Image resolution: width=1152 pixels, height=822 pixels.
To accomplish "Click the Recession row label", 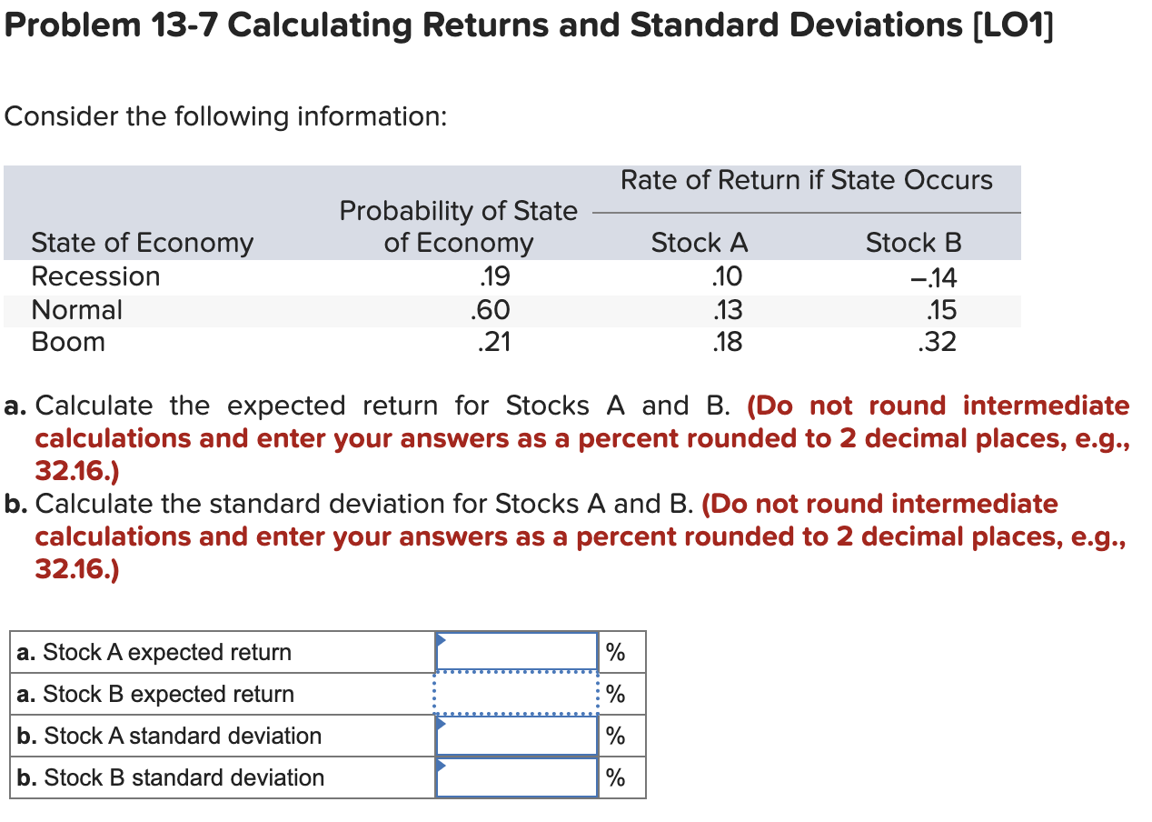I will click(95, 276).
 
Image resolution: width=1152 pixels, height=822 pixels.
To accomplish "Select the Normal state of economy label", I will click(77, 310).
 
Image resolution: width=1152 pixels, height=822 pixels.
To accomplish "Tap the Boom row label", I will click(68, 343).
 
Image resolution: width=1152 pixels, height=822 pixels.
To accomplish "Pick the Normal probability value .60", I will click(491, 310).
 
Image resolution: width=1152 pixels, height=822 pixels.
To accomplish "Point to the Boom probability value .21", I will click(492, 343).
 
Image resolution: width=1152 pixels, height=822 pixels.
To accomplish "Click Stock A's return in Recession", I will click(728, 276).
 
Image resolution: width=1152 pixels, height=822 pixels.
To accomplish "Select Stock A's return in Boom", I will click(728, 343).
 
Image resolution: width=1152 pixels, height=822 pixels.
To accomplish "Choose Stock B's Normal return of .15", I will click(939, 310).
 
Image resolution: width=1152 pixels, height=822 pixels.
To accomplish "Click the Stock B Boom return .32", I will click(938, 343).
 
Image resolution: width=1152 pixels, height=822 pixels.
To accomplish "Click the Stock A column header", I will click(700, 243).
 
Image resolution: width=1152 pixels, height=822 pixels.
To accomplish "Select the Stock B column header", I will click(913, 243).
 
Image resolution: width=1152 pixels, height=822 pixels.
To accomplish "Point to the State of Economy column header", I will click(143, 243).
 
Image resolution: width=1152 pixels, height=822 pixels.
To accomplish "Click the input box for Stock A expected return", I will click(517, 652).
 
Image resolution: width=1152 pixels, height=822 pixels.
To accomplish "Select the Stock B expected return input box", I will click(517, 694).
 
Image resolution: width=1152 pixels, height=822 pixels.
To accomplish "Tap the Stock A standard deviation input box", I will click(517, 736).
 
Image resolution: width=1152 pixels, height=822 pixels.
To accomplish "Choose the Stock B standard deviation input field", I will click(517, 777).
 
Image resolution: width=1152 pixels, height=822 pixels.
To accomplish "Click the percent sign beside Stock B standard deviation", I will click(616, 778).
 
